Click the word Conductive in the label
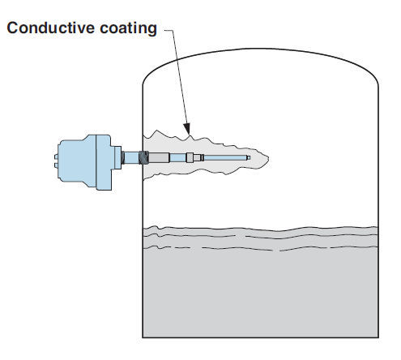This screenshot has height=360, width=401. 51,28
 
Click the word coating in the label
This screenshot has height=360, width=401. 128,28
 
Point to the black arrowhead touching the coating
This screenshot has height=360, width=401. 187,129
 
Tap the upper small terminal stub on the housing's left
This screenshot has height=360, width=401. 56,156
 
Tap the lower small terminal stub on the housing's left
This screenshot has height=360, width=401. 56,165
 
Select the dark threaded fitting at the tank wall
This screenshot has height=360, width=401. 143,157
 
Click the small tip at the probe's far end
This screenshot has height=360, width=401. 249,157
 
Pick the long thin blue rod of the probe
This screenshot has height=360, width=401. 225,157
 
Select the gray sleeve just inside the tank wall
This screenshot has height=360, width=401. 159,157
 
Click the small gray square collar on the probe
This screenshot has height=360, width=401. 190,157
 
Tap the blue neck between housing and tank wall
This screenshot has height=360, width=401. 131,157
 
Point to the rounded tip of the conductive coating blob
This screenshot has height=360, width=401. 268,158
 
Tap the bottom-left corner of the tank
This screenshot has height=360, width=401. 143,337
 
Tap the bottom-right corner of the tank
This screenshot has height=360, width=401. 378,337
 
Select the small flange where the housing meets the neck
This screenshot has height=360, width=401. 117,157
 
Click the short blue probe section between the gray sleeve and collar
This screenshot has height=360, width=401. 178,157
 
